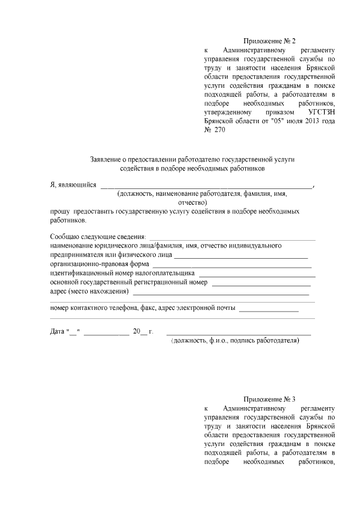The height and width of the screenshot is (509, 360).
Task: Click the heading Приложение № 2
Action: [269, 41]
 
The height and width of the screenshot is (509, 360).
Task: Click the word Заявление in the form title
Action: [107, 159]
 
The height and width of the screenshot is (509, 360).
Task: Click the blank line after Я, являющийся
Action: [206, 186]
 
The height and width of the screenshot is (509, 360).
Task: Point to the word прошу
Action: [59, 211]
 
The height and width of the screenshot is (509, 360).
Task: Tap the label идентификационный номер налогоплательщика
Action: [122, 273]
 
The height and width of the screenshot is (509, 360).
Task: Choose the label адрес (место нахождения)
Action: [89, 291]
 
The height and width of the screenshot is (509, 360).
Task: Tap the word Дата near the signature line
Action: [58, 331]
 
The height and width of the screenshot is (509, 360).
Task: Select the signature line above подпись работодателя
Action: [238, 334]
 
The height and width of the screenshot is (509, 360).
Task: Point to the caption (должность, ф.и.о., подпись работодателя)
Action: [239, 341]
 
